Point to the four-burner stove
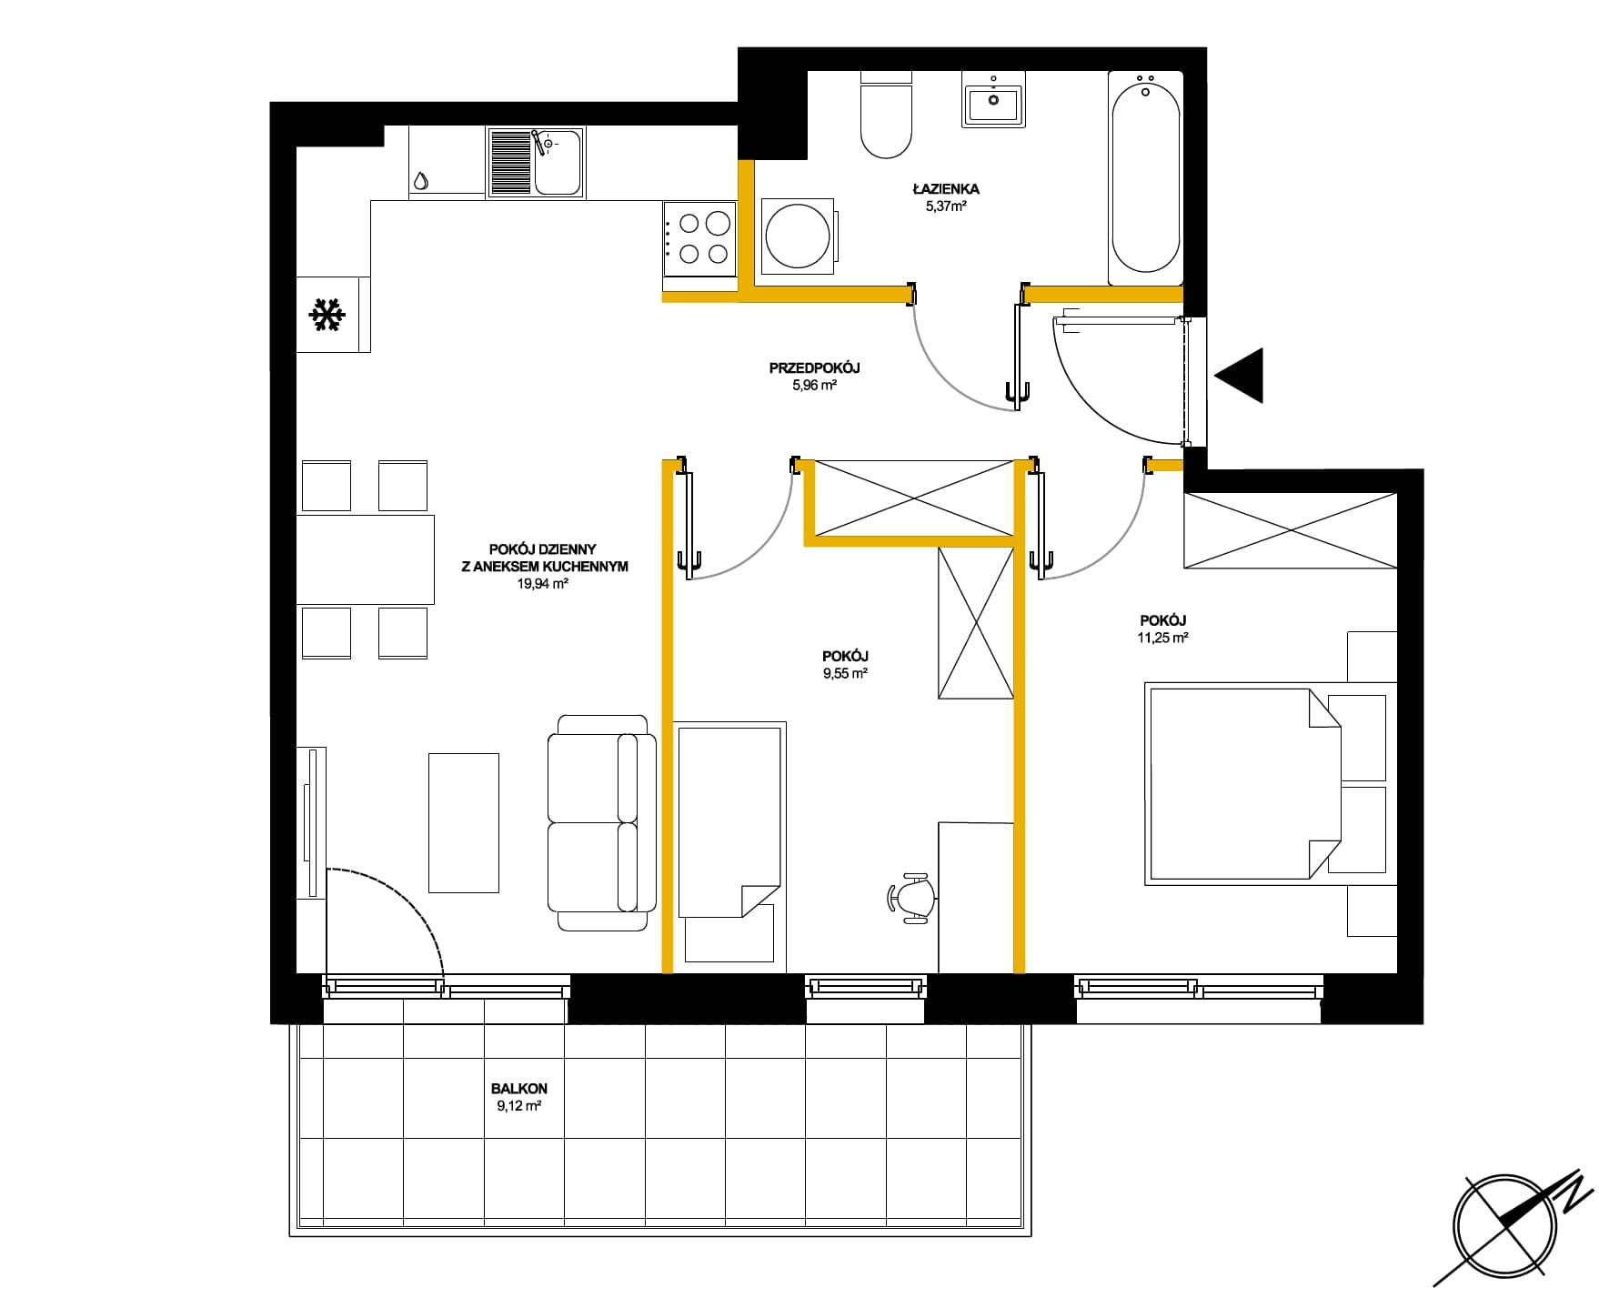click(x=699, y=238)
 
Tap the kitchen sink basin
click(x=557, y=163)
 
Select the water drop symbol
click(x=420, y=181)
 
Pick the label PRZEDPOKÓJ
click(x=814, y=368)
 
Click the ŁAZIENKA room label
click(x=946, y=189)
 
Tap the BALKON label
click(x=519, y=1088)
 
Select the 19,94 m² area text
click(x=543, y=584)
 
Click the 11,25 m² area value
click(x=1163, y=638)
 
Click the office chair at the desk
click(x=912, y=898)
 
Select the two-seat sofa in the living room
click(x=602, y=822)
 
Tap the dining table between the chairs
click(x=365, y=559)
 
